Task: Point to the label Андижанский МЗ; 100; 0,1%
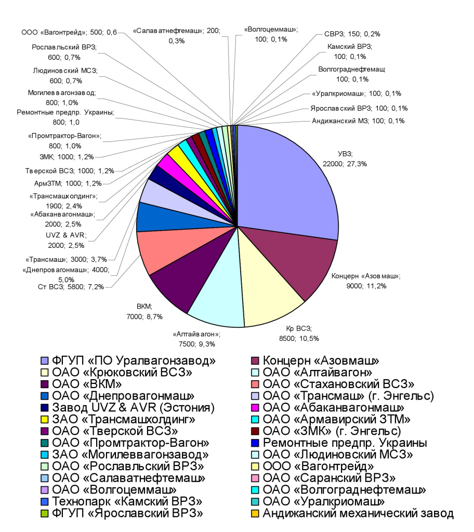tap(359, 121)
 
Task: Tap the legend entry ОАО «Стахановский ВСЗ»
tap(338, 384)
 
